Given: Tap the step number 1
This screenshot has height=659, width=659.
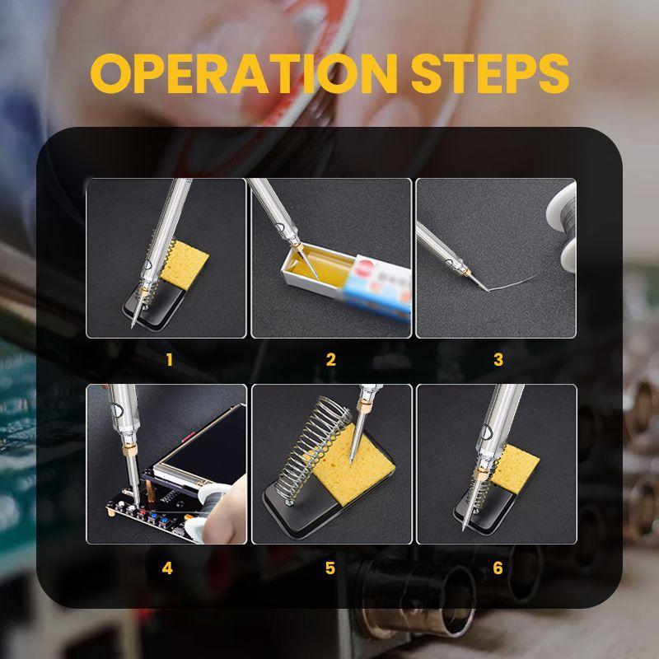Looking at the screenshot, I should (x=169, y=359).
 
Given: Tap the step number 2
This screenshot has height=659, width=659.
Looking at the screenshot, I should (x=331, y=359).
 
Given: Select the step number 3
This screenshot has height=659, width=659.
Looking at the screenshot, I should (x=498, y=359).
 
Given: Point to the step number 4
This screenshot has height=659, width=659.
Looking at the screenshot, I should (x=168, y=568).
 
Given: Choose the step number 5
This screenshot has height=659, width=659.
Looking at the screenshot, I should (x=330, y=568).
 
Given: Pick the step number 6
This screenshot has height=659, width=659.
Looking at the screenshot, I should (x=498, y=568).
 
